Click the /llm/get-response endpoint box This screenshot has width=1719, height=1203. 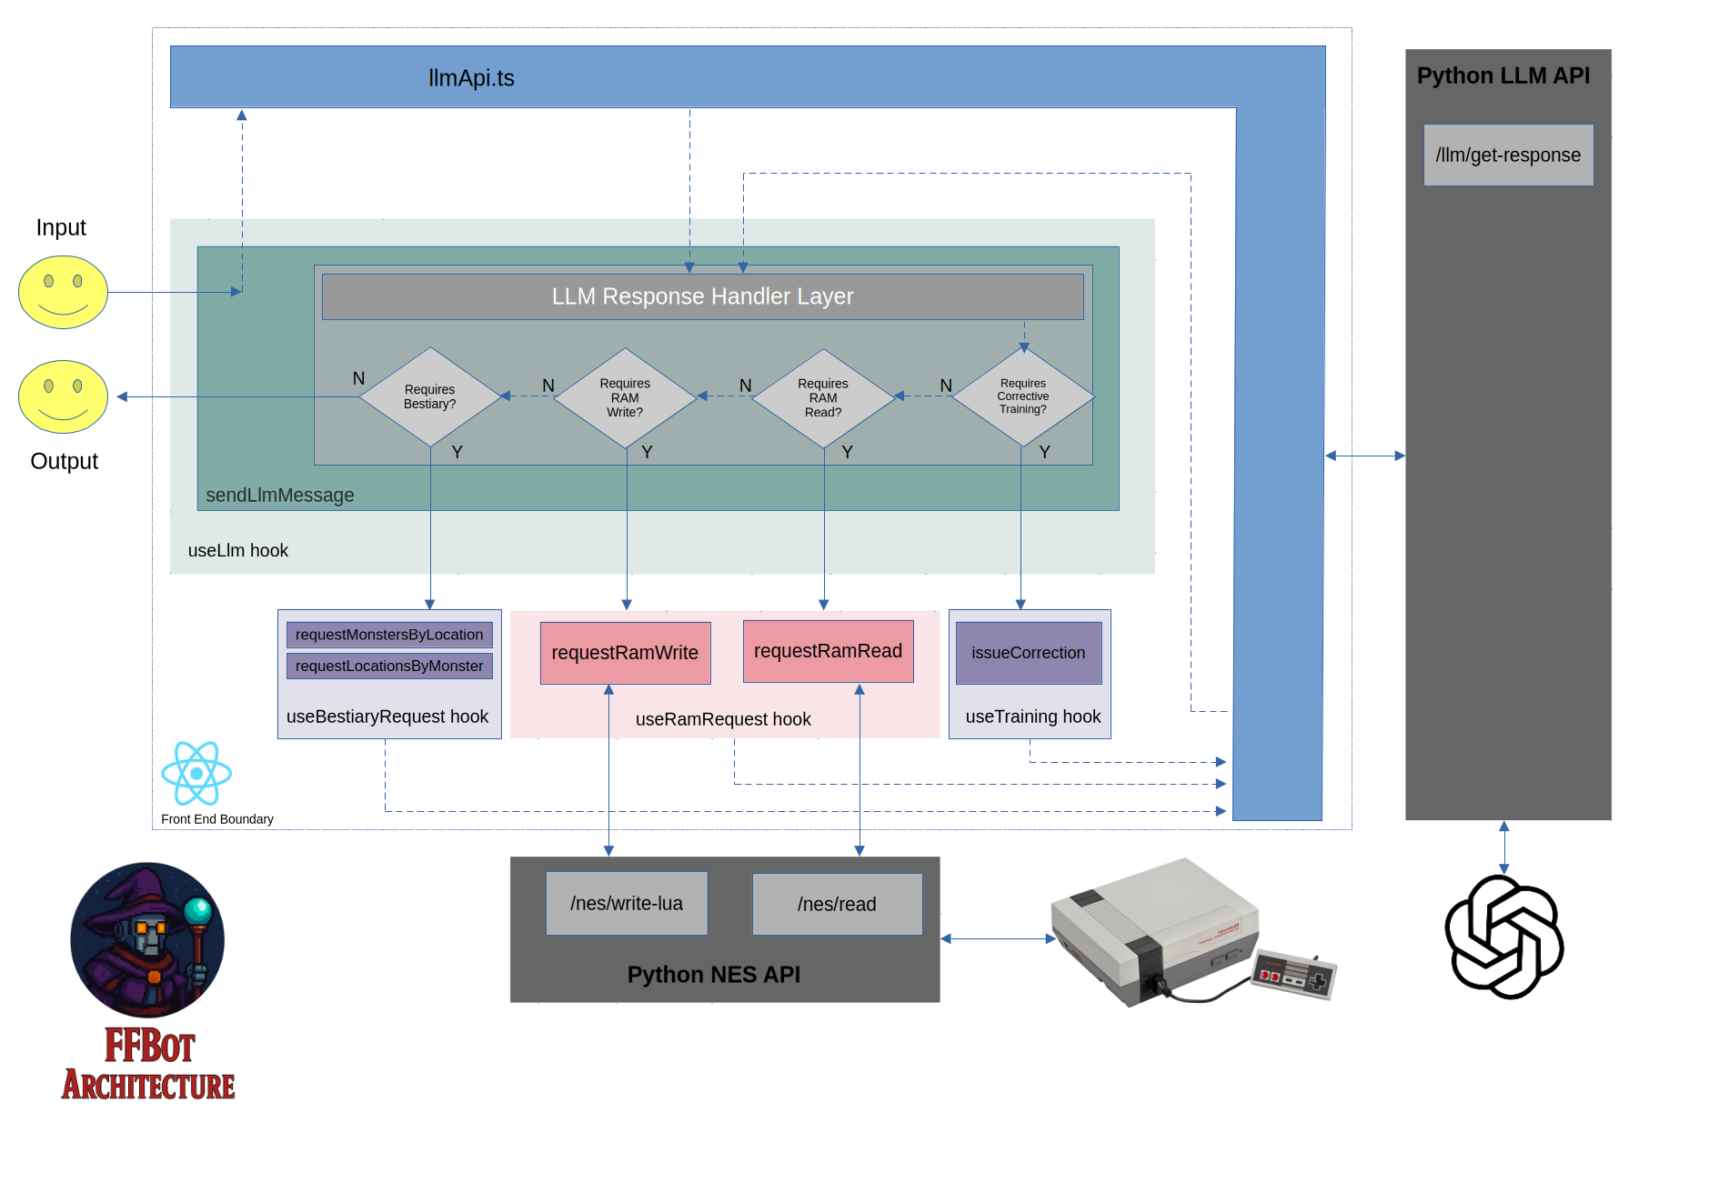click(x=1508, y=155)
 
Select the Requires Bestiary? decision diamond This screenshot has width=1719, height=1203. click(x=430, y=396)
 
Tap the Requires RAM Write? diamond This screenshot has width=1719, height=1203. click(x=625, y=397)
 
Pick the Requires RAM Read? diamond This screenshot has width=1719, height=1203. click(x=823, y=397)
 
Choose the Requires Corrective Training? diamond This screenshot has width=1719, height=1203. click(x=1023, y=396)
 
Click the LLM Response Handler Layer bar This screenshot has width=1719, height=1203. click(x=702, y=296)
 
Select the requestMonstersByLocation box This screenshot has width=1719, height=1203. click(x=389, y=635)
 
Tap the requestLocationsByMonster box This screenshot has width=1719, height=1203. click(x=389, y=666)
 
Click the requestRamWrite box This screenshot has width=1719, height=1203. click(x=625, y=653)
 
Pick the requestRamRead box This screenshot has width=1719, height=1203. click(x=828, y=651)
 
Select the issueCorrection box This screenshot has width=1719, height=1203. click(x=1028, y=653)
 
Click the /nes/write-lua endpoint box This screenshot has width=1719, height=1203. click(x=627, y=903)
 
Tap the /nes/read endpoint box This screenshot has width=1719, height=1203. click(x=837, y=904)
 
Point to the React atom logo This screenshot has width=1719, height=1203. click(x=196, y=774)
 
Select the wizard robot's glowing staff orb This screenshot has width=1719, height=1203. click(x=197, y=909)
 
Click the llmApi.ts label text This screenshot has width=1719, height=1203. click(x=471, y=78)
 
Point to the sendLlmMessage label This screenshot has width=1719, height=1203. click(x=280, y=496)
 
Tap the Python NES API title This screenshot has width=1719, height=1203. click(x=714, y=975)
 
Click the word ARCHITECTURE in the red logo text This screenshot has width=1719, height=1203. click(x=148, y=1086)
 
